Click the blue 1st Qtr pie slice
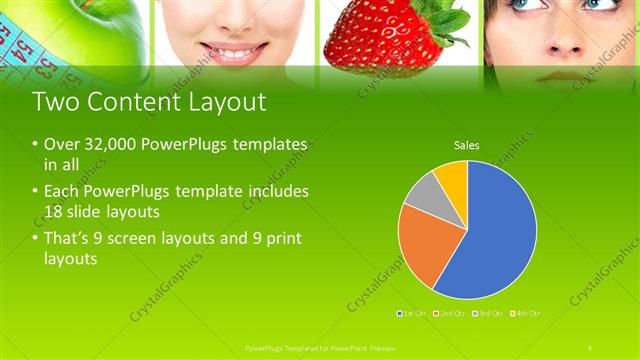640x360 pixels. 495,235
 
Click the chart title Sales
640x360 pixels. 467,145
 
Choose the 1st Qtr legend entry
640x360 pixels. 413,313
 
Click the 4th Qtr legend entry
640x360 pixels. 527,313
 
